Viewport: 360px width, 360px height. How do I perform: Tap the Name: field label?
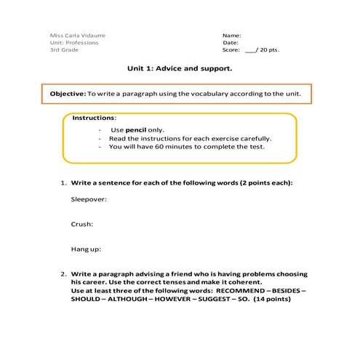(x=232, y=35)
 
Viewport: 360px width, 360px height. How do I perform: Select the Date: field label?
(x=231, y=42)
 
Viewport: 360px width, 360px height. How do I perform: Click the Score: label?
(x=231, y=50)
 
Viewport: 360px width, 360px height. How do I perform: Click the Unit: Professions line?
(x=74, y=42)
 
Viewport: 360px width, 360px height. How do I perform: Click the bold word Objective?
(x=67, y=95)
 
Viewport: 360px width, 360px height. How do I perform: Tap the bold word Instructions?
(x=94, y=118)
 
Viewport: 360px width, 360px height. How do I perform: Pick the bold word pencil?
(x=137, y=129)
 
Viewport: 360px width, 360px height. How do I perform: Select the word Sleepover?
(x=89, y=199)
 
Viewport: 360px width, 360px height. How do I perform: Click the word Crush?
(x=81, y=224)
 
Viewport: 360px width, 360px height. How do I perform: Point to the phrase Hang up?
(x=86, y=249)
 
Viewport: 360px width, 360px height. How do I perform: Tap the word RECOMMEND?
(x=244, y=290)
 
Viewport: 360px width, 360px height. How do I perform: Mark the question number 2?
(x=63, y=274)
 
